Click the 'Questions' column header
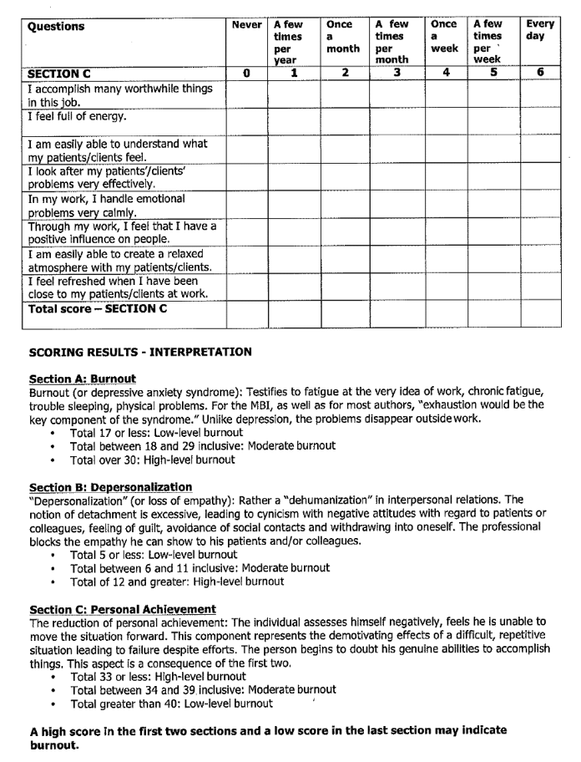pos(56,27)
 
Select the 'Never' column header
pos(246,25)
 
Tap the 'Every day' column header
pos(540,31)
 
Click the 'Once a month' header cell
pos(343,37)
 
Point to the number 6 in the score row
pos(540,73)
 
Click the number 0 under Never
pos(246,73)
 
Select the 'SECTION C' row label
pos(59,74)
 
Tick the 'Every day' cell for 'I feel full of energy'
pos(540,122)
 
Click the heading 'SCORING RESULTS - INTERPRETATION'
pos(139,353)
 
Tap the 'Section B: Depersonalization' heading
pos(110,487)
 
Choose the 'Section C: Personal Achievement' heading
pos(122,609)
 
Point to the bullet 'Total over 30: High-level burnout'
pos(152,460)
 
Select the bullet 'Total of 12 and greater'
pos(176,582)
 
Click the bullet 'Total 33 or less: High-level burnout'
pos(158,676)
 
